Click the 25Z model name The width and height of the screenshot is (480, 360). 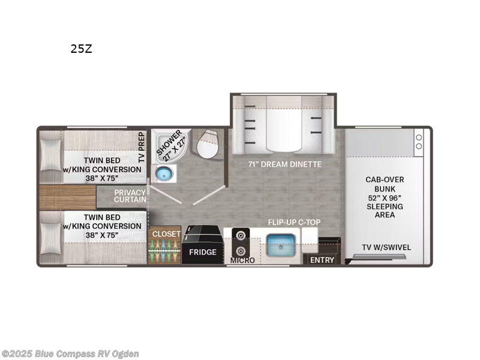[x=81, y=49]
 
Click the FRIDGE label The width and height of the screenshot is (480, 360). [x=203, y=252]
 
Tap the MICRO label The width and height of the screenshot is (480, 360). [x=242, y=260]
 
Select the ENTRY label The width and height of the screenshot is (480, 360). [x=322, y=260]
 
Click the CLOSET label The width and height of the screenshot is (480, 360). [x=166, y=234]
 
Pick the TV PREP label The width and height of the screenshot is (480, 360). [x=142, y=148]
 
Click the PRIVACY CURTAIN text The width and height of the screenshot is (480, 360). [x=131, y=197]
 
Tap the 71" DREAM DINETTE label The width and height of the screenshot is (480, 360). [x=285, y=164]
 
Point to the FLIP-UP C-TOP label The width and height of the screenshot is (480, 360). [x=294, y=222]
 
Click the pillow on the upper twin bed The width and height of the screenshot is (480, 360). [x=50, y=154]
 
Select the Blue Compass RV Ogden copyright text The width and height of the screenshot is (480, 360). [x=70, y=353]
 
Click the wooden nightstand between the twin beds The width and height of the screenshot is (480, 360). [x=67, y=197]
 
